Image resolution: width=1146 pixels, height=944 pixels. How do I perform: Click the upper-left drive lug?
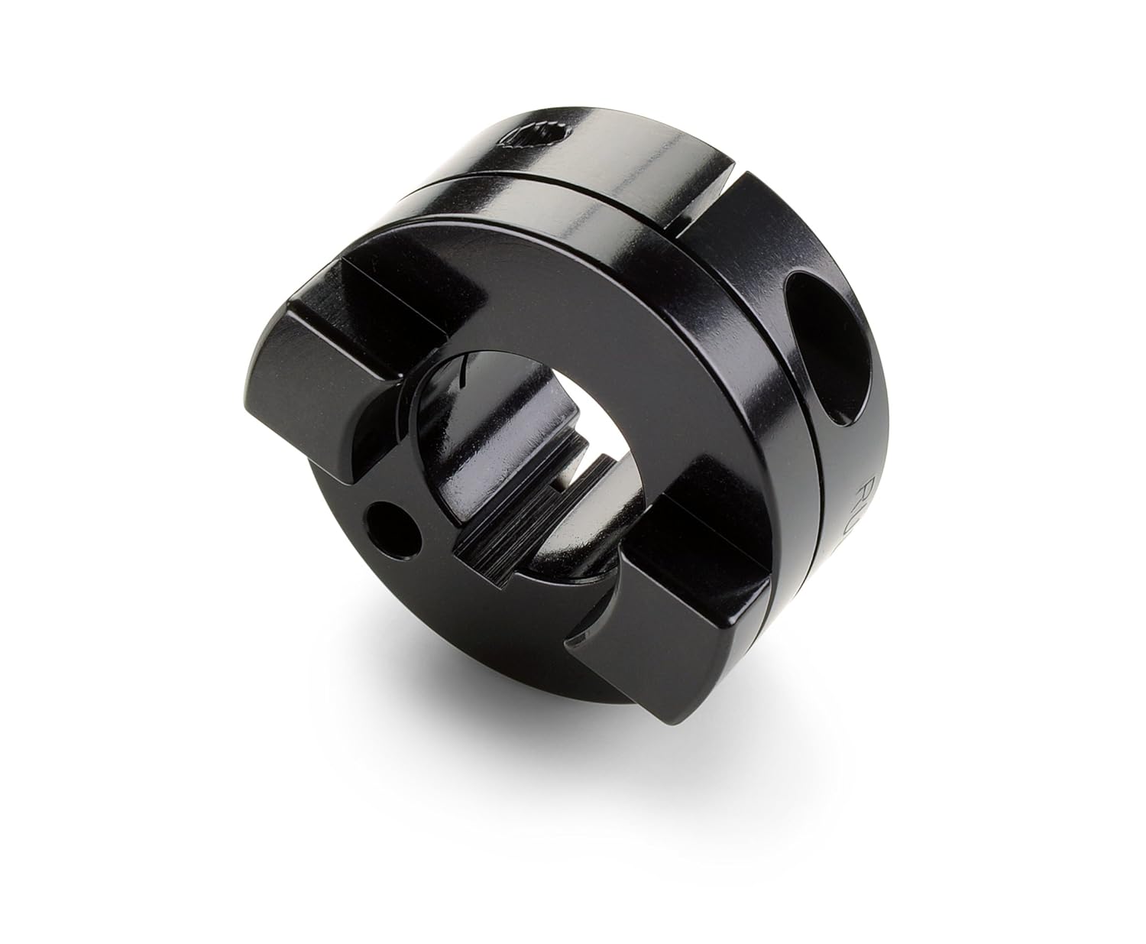[359, 329]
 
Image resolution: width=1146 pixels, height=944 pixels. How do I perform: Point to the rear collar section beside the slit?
[764, 229]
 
